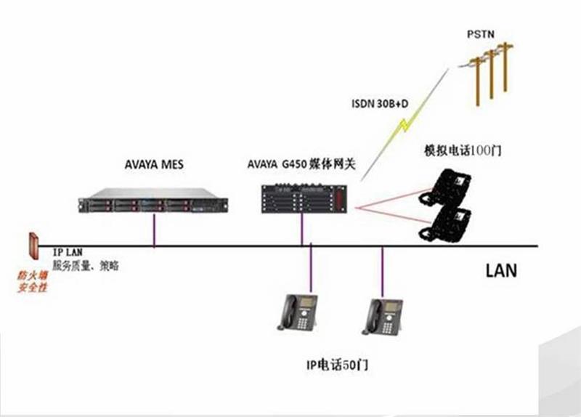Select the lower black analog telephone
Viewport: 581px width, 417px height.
click(445, 222)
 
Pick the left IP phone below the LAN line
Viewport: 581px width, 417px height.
click(298, 313)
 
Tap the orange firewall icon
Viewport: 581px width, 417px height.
click(33, 247)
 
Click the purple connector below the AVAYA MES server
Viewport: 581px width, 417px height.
click(155, 231)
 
